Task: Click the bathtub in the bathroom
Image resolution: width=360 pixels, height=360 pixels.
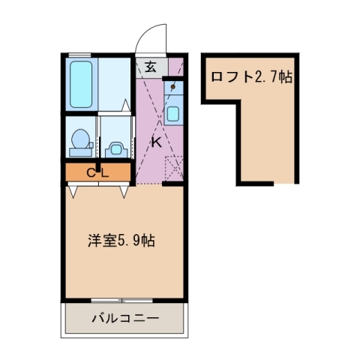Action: (x=81, y=82)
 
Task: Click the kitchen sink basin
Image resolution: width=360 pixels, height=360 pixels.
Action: (x=173, y=115)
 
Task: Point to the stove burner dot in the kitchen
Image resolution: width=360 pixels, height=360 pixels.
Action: (x=173, y=87)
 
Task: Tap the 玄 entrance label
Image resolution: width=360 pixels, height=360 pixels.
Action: (x=151, y=67)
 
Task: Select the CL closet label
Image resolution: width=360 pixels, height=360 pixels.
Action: (x=97, y=173)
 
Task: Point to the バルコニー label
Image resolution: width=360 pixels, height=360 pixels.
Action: (x=125, y=318)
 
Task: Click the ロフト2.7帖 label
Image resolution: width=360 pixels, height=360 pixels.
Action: (x=250, y=76)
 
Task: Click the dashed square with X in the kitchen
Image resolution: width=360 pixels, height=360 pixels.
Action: (x=173, y=168)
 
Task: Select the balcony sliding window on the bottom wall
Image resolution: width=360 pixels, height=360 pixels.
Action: (x=124, y=300)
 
